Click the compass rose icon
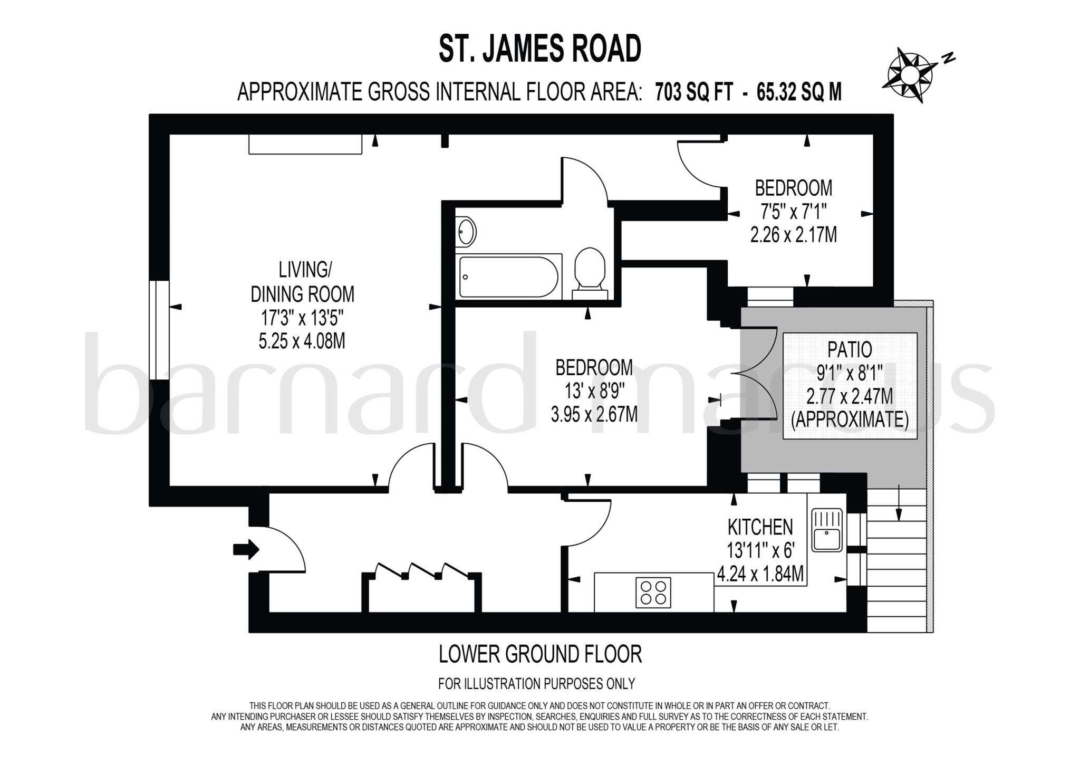(911, 74)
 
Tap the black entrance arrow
(246, 549)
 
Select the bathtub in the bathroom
(508, 276)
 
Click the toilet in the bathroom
(590, 270)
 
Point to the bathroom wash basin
(466, 232)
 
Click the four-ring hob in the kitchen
(653, 592)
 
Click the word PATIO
(849, 349)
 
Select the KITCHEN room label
(760, 527)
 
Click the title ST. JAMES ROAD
(540, 49)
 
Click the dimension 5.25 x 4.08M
(302, 341)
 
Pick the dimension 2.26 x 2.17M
(793, 235)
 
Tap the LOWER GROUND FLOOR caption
(540, 654)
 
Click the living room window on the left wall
(159, 330)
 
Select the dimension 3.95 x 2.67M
(594, 414)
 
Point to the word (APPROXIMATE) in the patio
(850, 419)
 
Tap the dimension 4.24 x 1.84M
(760, 574)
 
